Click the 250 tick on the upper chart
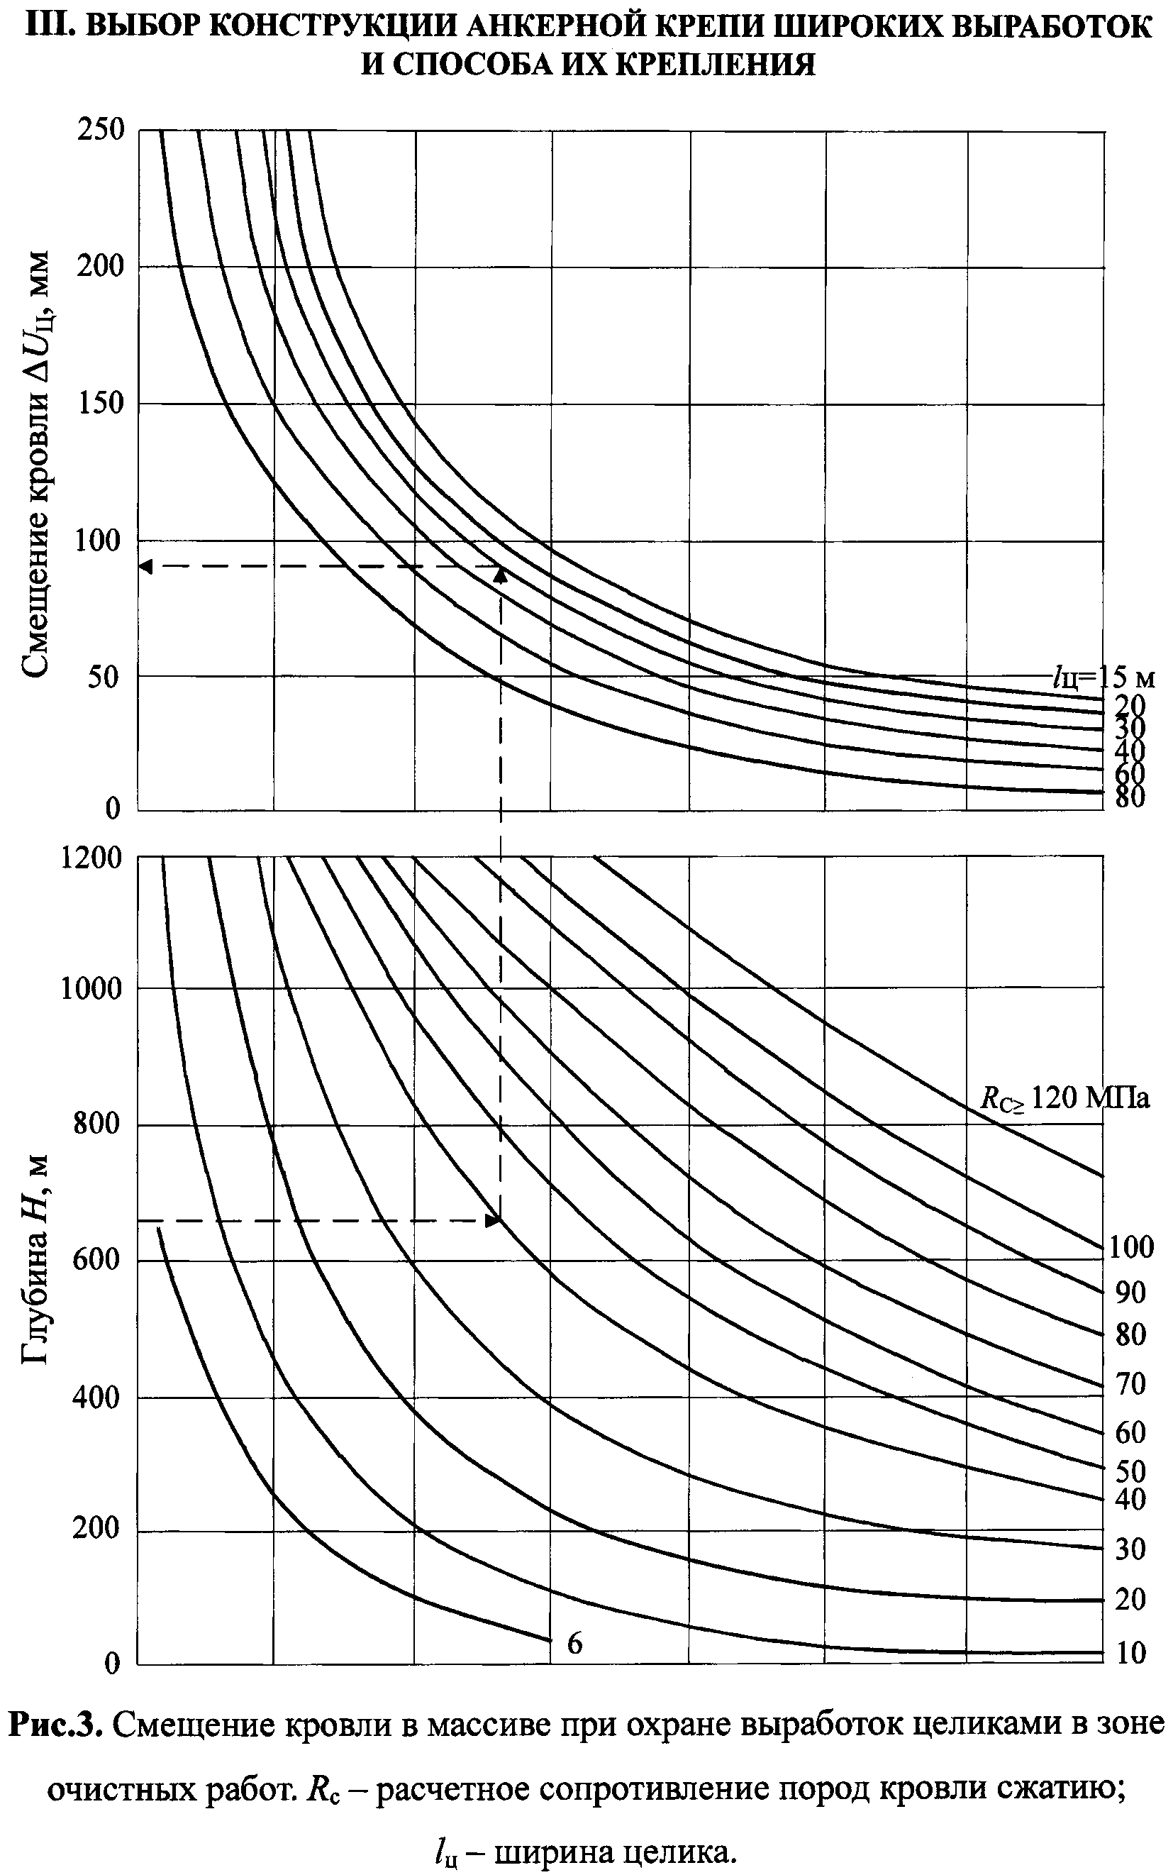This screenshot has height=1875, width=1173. [x=101, y=130]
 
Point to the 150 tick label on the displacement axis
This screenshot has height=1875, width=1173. [x=101, y=403]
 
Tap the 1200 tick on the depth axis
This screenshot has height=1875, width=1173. [x=91, y=858]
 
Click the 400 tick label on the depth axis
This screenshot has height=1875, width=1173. [x=98, y=1397]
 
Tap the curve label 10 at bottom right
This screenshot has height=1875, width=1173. [x=1130, y=1653]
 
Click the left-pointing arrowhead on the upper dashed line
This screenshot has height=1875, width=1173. [x=146, y=567]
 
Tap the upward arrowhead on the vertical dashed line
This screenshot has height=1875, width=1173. [x=501, y=575]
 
